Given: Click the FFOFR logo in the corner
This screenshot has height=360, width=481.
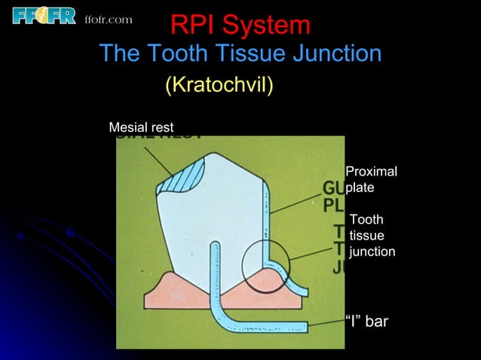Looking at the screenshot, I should (44, 16).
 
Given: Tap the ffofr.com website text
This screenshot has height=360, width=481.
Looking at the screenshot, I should (109, 19).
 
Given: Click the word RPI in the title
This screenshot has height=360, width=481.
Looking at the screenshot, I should (194, 26).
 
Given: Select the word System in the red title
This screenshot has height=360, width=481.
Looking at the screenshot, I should (267, 26).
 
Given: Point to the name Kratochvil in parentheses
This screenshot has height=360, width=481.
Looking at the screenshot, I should (219, 85).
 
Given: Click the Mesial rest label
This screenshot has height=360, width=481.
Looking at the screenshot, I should (141, 127).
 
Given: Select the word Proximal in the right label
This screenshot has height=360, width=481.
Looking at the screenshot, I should (371, 172).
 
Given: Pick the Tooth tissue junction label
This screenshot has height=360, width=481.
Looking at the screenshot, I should (372, 236).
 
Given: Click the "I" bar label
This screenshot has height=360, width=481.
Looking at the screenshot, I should (366, 322).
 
